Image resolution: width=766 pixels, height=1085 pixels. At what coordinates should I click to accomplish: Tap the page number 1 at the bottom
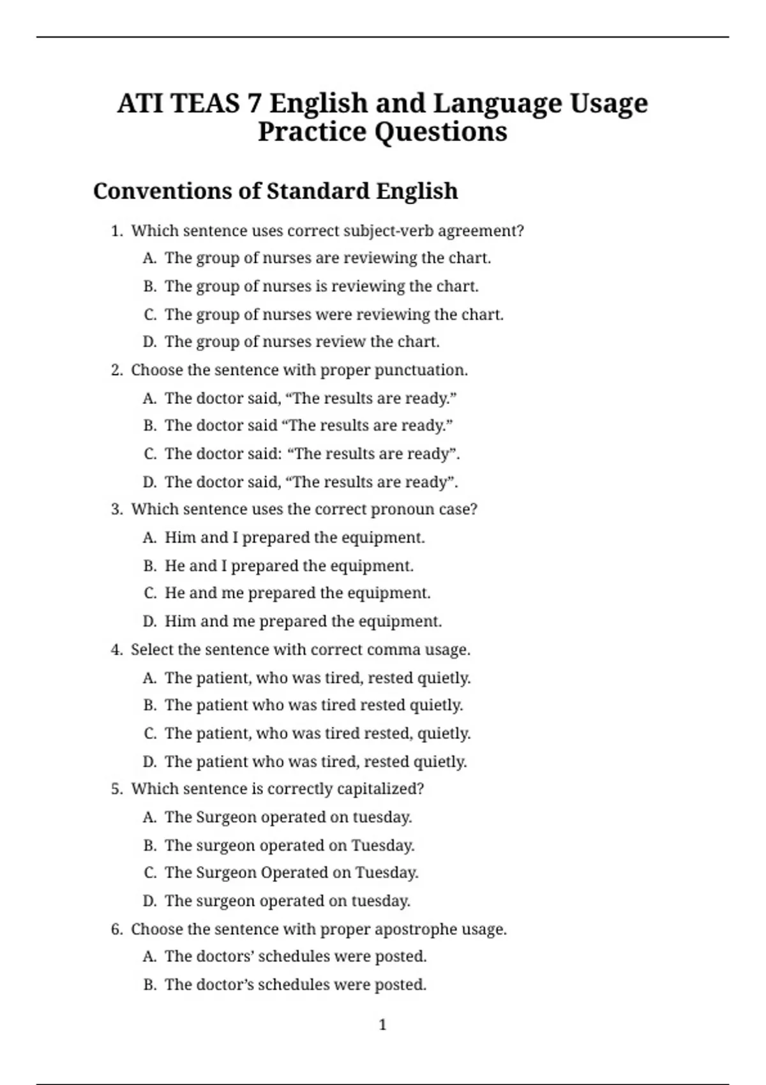pos(382,1025)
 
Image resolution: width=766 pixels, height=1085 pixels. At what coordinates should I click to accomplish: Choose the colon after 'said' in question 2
pos(279,454)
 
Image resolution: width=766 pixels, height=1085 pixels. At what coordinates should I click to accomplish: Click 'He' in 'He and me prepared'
pos(175,593)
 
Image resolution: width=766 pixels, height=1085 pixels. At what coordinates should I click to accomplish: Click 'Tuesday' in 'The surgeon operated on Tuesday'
pos(382,846)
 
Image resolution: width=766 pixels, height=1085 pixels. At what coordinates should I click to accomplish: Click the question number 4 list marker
pos(116,650)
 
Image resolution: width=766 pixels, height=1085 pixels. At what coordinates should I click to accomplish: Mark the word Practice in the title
pos(312,132)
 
